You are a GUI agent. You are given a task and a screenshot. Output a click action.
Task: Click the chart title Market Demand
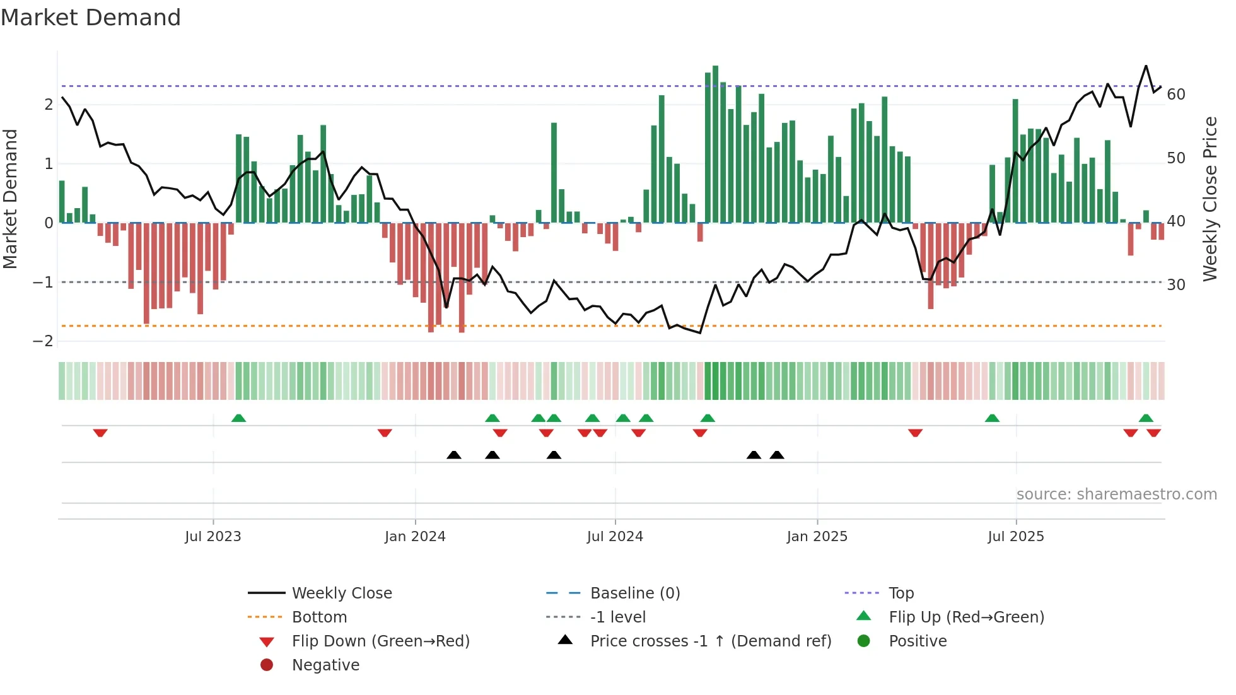pos(91,18)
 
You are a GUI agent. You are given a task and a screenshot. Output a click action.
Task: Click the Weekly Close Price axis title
pos(1210,199)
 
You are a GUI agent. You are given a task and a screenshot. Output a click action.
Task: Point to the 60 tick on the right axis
pos(1176,95)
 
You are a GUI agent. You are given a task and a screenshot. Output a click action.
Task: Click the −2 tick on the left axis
pos(43,341)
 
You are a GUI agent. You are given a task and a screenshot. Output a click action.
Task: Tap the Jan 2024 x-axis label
pos(415,537)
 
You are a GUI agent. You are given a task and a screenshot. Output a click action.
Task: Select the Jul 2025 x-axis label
pos(1015,537)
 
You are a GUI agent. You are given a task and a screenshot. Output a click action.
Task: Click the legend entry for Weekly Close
pos(341,593)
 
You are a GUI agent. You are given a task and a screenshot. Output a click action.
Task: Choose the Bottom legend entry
pos(319,617)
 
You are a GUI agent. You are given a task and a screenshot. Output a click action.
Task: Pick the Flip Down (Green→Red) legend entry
pos(380,641)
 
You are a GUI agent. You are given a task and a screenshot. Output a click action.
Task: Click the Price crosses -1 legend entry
pos(710,641)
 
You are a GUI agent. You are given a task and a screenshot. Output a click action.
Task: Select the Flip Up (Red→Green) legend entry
pos(966,617)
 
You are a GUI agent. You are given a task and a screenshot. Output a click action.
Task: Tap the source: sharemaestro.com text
pos(1116,494)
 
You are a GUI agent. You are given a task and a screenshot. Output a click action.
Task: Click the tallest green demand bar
pos(715,145)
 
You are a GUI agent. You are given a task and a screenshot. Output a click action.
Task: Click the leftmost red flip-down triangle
pos(100,433)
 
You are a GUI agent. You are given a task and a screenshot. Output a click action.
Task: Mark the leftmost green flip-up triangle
pos(238,418)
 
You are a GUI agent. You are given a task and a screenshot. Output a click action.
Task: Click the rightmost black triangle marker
pos(777,455)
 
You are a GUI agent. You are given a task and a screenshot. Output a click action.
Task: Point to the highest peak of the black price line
pos(1146,66)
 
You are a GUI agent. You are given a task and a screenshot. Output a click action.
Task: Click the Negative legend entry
pos(325,665)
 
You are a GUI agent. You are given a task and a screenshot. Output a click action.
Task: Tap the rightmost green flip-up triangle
pos(1146,418)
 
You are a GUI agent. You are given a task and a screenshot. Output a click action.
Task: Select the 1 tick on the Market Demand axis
pos(49,164)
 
